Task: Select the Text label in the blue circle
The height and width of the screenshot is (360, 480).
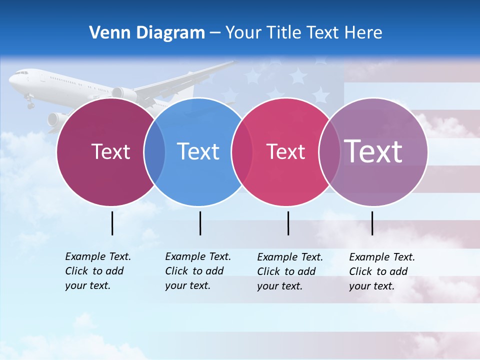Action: [x=198, y=151]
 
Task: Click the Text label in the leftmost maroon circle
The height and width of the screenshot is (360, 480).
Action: [x=110, y=151]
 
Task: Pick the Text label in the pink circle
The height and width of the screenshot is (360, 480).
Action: [x=286, y=151]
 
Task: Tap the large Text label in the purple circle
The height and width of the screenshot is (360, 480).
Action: [x=373, y=151]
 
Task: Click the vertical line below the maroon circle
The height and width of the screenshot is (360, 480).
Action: [x=112, y=223]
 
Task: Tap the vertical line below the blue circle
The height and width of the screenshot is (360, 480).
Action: [x=200, y=223]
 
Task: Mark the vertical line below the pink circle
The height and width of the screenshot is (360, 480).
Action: [x=288, y=223]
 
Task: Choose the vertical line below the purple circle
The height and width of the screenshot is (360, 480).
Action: [x=372, y=223]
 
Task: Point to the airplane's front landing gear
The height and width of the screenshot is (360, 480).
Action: [x=30, y=103]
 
